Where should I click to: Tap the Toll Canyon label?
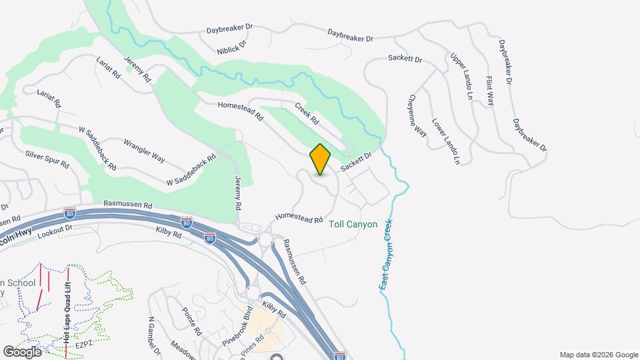(x=353, y=225)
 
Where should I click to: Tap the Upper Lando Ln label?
(x=461, y=77)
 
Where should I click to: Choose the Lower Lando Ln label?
(x=446, y=141)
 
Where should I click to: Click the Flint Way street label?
(x=489, y=91)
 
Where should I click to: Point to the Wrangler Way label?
(x=145, y=151)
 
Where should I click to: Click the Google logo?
(x=22, y=351)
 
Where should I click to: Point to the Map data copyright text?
(x=597, y=355)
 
